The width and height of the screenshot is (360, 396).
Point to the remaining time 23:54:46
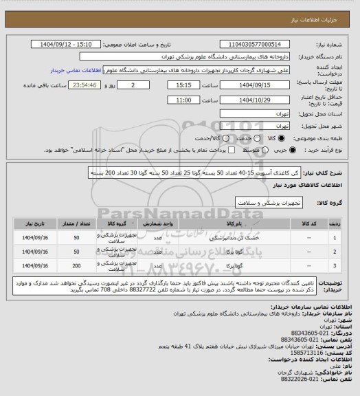click(x=85, y=86)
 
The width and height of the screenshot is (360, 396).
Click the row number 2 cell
click(x=334, y=252)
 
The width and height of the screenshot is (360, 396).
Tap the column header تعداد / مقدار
click(x=76, y=223)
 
